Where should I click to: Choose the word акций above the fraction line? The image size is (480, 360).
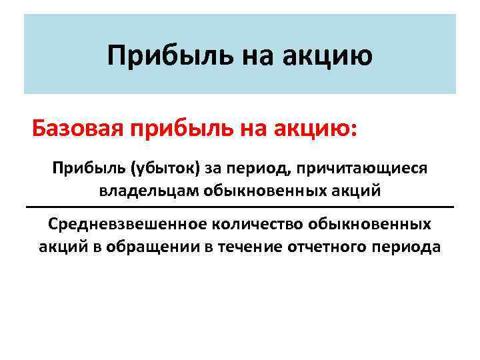pos(357,191)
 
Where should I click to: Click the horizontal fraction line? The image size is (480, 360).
pos(240,208)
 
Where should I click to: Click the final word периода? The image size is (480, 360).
pos(407,247)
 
